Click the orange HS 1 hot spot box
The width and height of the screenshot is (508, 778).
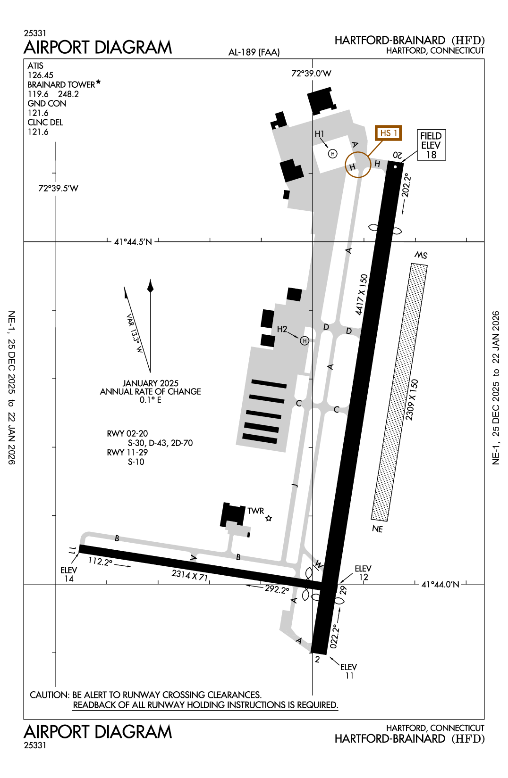388,133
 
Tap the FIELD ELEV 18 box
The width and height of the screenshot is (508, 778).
431,145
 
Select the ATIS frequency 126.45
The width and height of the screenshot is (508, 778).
41,75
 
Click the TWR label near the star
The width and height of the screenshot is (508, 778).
255,511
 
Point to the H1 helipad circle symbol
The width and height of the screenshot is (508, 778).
333,154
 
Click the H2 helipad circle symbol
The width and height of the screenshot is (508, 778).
305,341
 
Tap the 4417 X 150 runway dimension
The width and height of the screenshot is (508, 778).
361,295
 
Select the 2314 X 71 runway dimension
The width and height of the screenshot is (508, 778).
189,575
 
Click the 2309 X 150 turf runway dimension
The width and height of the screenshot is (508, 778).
412,399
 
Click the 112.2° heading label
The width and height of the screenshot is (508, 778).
101,562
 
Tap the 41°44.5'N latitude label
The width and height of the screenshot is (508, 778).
133,242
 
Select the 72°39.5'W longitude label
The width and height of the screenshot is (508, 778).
58,189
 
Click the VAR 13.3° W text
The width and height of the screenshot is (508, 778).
135,334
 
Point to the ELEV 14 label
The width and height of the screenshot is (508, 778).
69,574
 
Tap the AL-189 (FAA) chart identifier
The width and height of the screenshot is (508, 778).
254,52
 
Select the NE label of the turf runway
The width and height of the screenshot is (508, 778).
377,529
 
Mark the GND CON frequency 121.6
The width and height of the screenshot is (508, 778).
38,113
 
